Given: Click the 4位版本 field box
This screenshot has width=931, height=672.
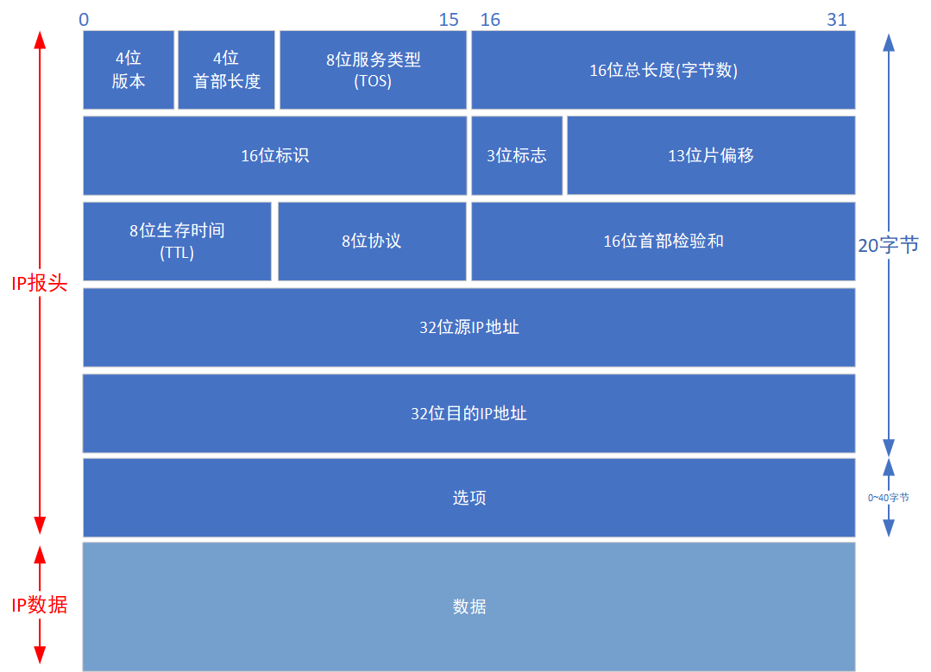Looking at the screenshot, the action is coord(129,70).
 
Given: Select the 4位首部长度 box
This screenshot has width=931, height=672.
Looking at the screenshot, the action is coord(226,70).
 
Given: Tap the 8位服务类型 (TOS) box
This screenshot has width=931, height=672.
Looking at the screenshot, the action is coord(373,70).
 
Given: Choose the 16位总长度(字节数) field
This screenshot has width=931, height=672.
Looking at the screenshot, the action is coord(663,71).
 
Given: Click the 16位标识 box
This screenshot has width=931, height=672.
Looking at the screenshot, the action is coord(274,156).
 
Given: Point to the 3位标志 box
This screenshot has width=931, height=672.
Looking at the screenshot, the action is coord(516,156).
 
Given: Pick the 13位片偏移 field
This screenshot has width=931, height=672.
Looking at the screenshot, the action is coord(711,156).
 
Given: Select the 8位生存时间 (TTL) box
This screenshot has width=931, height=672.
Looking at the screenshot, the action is coord(177,242).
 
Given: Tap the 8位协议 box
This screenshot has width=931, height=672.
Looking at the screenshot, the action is coord(371,242).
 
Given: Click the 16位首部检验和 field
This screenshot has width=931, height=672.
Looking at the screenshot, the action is coord(663,242).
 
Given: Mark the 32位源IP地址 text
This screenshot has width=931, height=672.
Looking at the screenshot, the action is coord(469,328).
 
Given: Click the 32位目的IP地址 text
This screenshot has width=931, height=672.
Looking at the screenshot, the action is coord(469,413).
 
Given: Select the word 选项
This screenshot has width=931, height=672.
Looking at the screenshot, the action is coord(469,498).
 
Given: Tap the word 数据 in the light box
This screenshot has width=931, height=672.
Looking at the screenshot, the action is coord(469,606).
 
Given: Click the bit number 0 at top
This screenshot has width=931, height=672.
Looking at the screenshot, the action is coord(83,20).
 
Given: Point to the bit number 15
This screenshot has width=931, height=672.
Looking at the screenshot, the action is coord(449,20).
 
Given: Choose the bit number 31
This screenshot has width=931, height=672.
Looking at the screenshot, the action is coord(837,20).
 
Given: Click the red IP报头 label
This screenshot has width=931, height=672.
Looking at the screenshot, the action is coord(39,284).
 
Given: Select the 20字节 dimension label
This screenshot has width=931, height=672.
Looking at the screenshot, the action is coord(889,245).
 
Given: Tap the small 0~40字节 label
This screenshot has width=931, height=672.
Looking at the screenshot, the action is coord(889,498).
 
